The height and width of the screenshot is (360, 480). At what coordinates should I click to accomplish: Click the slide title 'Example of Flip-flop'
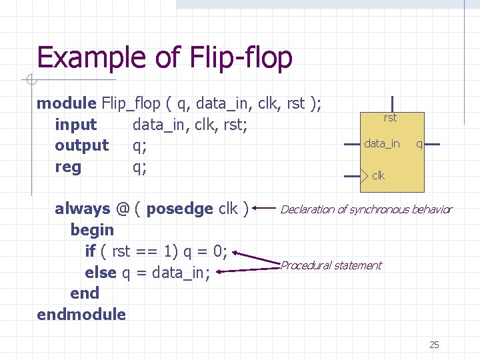(x=165, y=58)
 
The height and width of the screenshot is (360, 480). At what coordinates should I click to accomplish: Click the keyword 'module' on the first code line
(x=67, y=103)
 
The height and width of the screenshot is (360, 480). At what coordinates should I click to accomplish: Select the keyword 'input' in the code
(x=75, y=125)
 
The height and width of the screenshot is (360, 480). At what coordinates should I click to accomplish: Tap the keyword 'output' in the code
(x=81, y=145)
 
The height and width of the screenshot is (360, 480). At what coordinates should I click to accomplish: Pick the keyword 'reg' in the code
(x=68, y=167)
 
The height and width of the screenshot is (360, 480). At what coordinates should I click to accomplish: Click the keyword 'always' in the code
(x=82, y=209)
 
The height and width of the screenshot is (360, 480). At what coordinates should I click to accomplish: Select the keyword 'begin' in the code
(x=92, y=230)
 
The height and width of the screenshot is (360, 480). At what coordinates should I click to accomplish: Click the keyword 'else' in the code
(x=100, y=272)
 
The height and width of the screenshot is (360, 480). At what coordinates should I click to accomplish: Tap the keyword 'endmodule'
(x=81, y=314)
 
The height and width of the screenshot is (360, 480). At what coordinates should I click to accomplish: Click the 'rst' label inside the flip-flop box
(x=390, y=118)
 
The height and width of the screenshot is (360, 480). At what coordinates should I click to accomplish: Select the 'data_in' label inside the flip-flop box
(x=381, y=143)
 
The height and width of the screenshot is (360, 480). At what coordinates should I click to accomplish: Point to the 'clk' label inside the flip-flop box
(x=378, y=176)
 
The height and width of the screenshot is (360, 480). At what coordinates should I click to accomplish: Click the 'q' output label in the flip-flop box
(x=419, y=143)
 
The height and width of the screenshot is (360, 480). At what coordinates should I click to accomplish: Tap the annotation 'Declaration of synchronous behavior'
(x=366, y=209)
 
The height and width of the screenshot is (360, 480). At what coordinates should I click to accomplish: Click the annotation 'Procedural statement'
(x=331, y=265)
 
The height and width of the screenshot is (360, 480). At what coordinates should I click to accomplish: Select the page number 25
(x=434, y=345)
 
